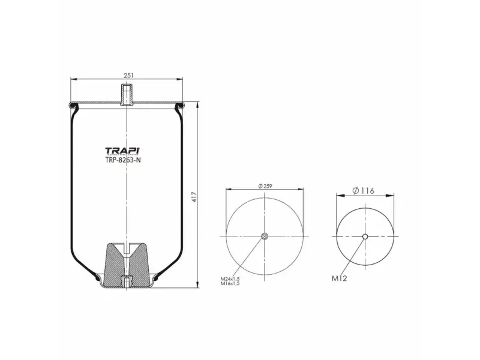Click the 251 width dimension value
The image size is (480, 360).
[x=127, y=75]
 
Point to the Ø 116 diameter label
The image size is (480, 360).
[x=364, y=190]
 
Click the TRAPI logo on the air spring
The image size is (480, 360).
[x=123, y=151]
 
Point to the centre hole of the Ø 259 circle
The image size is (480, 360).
[x=265, y=236]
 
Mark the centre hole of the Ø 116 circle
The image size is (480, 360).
[x=365, y=236]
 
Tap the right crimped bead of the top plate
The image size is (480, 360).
[x=179, y=107]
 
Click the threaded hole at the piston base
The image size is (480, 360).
[x=127, y=281]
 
